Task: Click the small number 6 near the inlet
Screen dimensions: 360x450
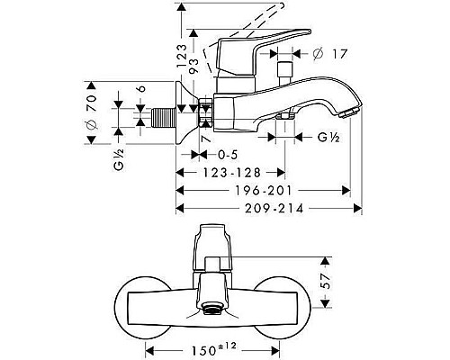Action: coord(142,91)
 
